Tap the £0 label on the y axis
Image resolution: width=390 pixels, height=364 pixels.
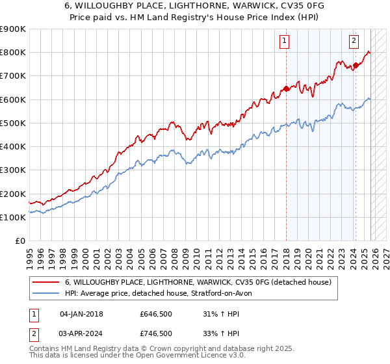[x=21, y=241]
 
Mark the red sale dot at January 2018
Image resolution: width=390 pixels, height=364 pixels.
[x=286, y=88]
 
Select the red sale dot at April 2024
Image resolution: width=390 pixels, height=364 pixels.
[x=356, y=65]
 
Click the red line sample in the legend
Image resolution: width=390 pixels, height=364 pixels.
[x=46, y=282]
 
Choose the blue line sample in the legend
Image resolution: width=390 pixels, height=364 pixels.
[x=46, y=293]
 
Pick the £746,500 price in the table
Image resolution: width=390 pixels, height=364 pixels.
[x=156, y=333]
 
